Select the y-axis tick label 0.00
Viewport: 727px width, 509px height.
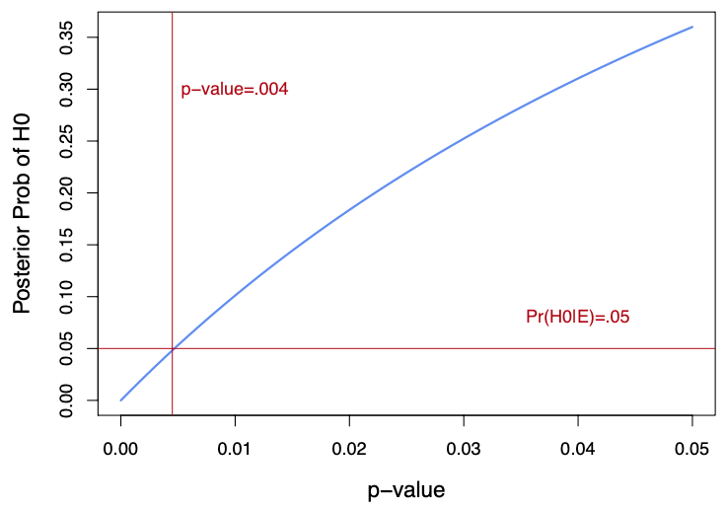point(66,400)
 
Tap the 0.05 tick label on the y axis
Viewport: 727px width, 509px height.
point(66,348)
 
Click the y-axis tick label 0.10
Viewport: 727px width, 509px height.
point(66,296)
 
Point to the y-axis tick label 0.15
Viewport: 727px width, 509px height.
point(66,245)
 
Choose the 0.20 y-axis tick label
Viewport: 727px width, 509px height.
point(66,192)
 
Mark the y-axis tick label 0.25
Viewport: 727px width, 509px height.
point(66,141)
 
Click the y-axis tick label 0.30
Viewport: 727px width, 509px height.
point(66,89)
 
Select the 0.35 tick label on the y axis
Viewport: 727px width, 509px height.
point(66,37)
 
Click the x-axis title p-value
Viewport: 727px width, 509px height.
point(406,488)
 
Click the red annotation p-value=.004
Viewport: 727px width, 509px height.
point(234,90)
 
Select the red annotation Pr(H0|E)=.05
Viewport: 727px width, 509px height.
point(577,317)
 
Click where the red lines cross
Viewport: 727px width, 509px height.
point(172,348)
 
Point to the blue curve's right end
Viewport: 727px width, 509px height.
point(692,27)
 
